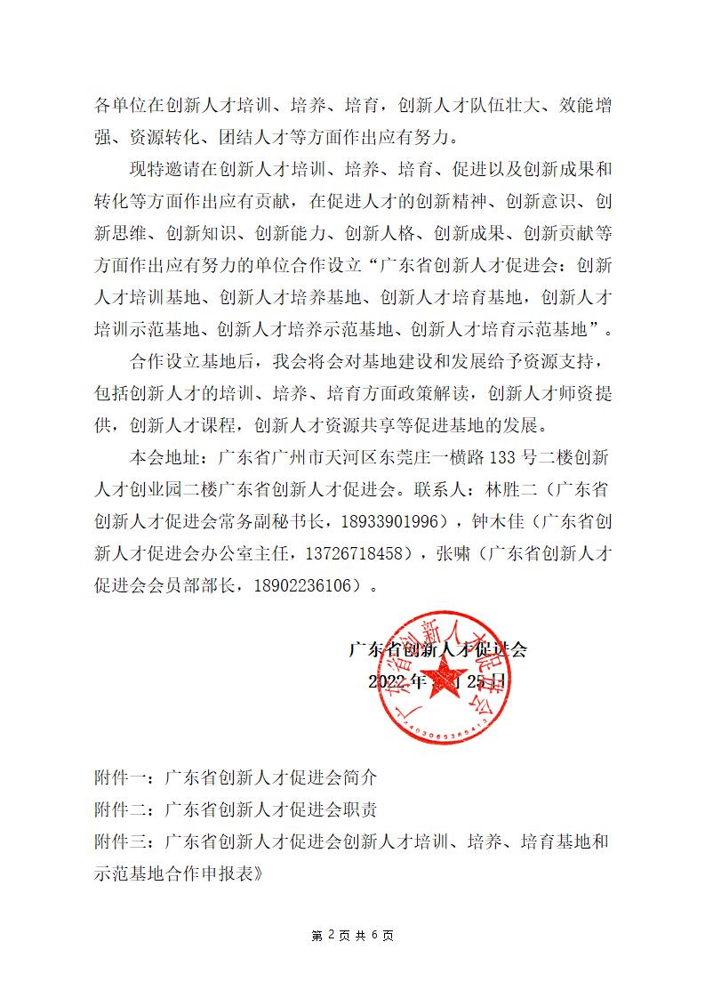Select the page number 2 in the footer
pyautogui.click(x=332, y=935)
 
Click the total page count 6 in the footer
pyautogui.click(x=374, y=935)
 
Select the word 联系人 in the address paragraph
pyautogui.click(x=433, y=489)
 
